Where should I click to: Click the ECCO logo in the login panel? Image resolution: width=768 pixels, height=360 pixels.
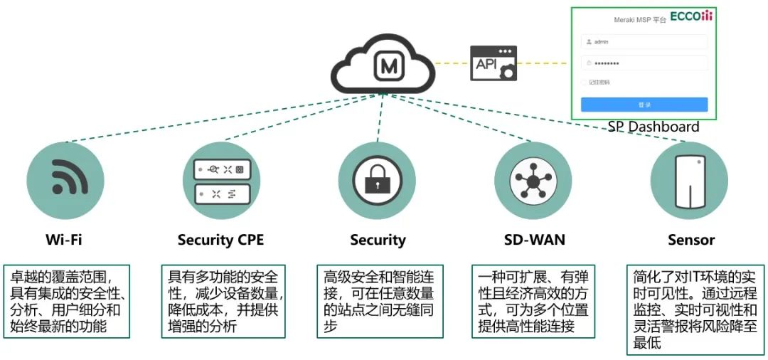(691, 17)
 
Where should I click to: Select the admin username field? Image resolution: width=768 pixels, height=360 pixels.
(644, 41)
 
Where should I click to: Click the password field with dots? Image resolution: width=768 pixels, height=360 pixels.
(644, 63)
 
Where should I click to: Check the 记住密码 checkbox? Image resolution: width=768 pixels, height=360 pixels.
(585, 83)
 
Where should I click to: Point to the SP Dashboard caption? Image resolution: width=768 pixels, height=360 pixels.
(653, 127)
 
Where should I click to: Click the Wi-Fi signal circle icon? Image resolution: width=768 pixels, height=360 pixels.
(65, 181)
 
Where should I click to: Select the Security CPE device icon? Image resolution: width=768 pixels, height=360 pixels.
(222, 181)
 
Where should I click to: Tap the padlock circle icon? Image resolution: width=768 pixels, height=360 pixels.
(377, 181)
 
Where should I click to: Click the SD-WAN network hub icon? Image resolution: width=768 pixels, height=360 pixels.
(533, 181)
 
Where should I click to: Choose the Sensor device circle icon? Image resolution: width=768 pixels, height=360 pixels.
(689, 181)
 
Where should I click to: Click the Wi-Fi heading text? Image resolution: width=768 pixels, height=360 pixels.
(65, 240)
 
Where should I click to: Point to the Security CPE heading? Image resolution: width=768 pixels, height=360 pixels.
(220, 240)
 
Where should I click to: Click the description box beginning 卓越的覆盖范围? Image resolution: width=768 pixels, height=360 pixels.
(68, 301)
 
